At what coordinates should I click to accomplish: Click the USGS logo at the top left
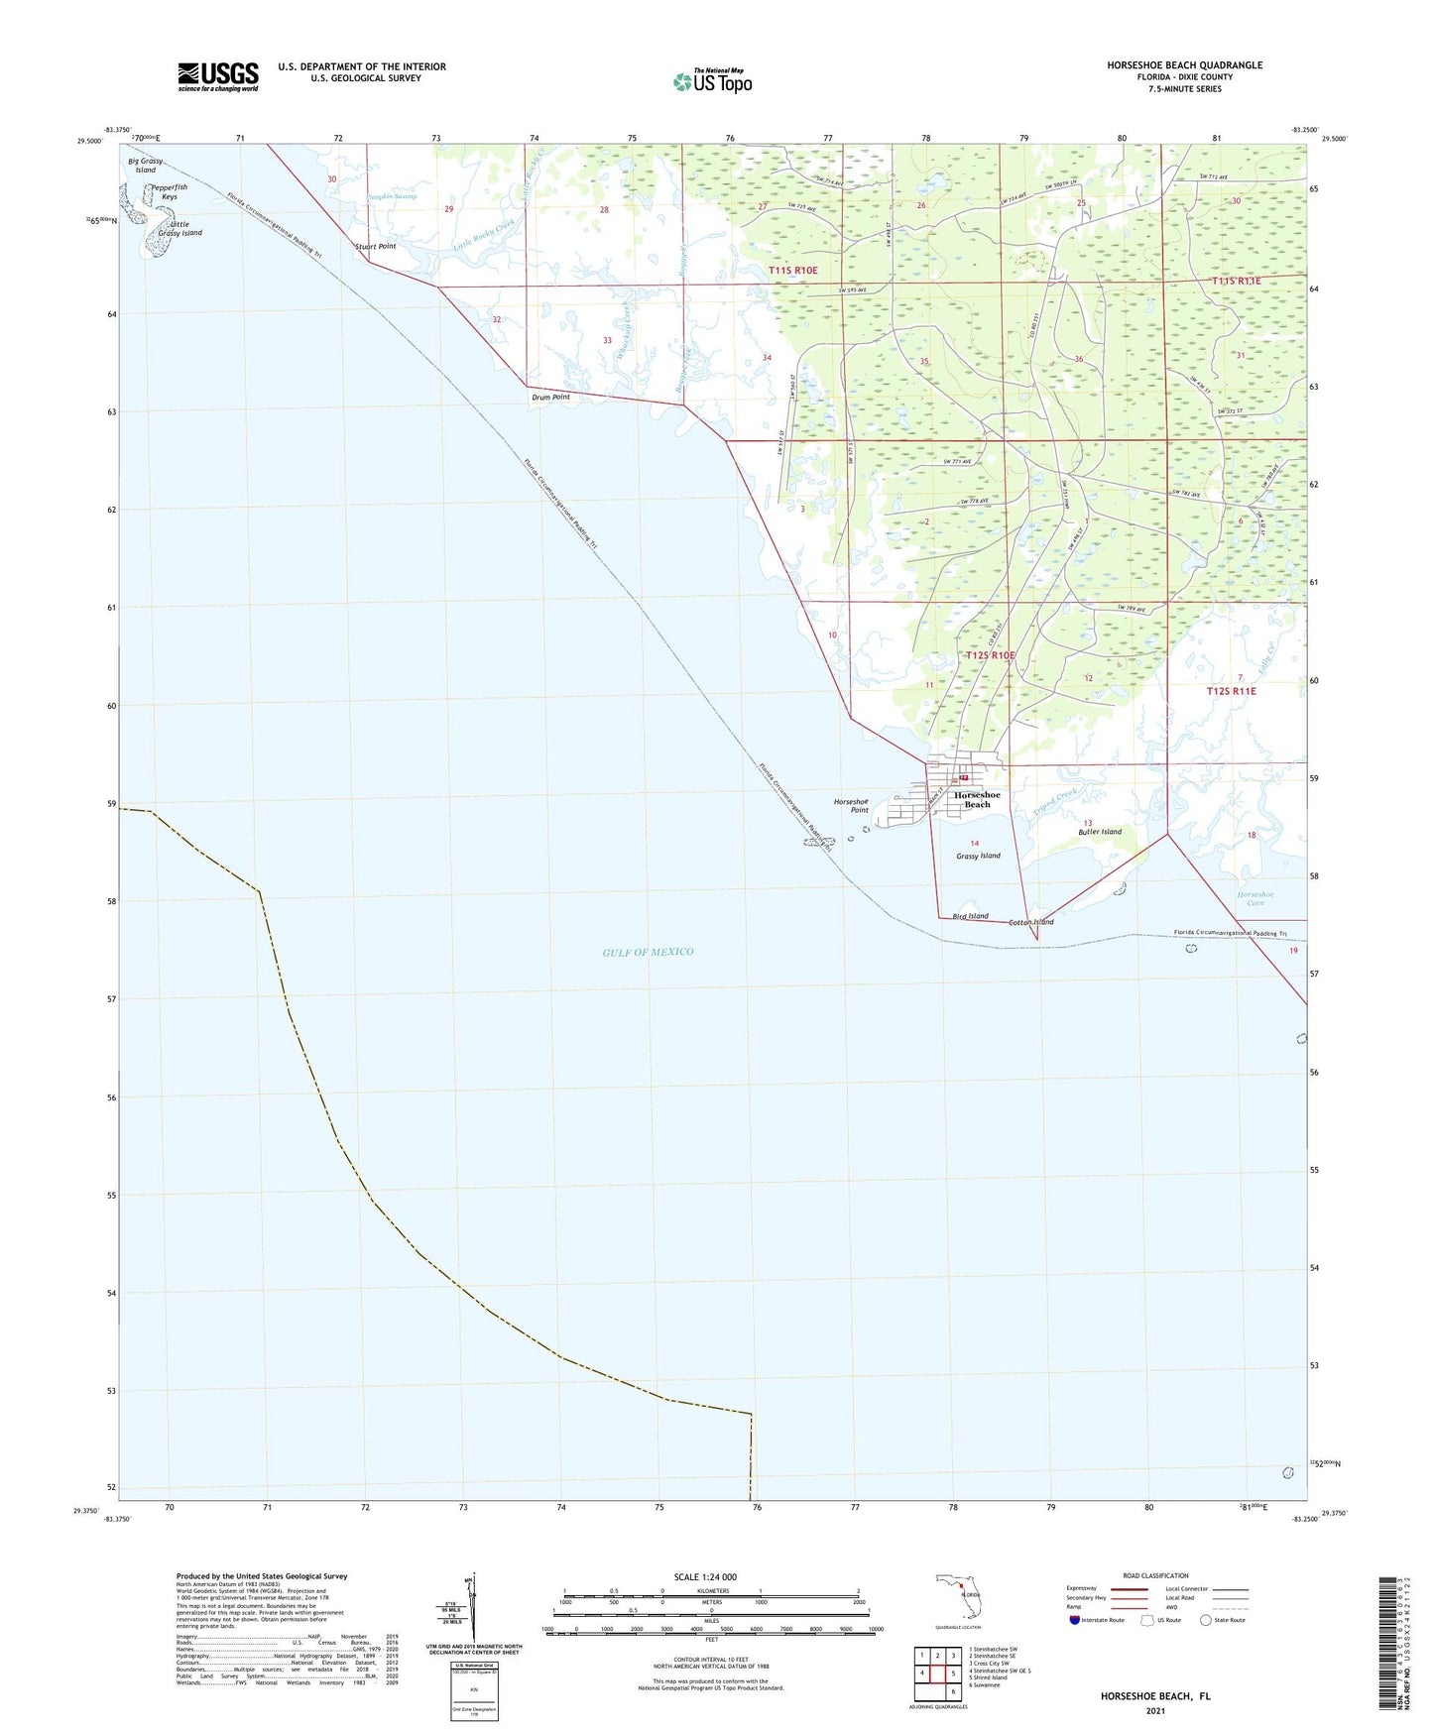pos(218,75)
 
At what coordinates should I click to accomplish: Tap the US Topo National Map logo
pos(712,80)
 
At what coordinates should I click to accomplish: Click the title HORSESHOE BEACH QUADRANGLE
pos(1184,65)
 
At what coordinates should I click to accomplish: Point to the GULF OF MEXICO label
pos(648,952)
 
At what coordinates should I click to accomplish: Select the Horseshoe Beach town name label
pos(977,799)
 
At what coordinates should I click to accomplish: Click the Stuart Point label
pos(375,246)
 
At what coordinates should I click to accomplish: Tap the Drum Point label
pos(550,397)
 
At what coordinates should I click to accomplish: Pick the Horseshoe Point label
pos(851,805)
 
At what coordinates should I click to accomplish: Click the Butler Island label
pos(1100,832)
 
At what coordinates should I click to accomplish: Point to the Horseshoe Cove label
pos(1255,898)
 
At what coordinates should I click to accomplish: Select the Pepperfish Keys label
pos(169,191)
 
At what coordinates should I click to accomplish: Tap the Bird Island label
pos(970,916)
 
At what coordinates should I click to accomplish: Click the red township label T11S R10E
pos(792,270)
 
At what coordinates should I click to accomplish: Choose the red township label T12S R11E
pos(1231,691)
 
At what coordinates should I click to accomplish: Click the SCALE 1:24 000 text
pos(705,1576)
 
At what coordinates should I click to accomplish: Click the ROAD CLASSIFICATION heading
pos(1155,1575)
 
